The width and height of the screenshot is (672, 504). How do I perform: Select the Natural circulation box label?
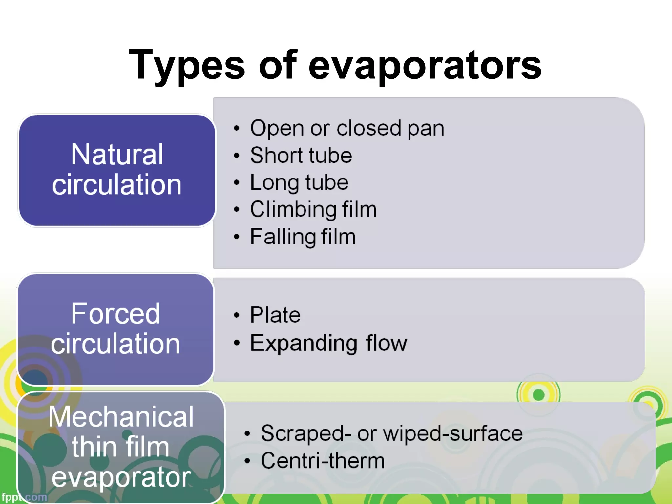coord(117,170)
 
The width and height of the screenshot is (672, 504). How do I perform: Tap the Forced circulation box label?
coord(115,329)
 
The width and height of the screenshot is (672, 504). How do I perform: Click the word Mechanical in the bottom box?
coord(121,417)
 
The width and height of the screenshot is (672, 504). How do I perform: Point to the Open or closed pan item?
coord(347,128)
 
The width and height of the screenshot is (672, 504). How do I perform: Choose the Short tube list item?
coord(301,155)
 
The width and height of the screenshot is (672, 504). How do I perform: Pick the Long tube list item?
coord(299,182)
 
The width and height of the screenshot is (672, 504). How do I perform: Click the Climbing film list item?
coord(313,209)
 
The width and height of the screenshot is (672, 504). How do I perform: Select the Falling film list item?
coord(303,237)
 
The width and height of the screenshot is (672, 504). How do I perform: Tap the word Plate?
coord(275,315)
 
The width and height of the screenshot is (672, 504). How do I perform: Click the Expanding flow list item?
coord(328,343)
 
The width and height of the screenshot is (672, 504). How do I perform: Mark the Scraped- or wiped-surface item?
coord(391,433)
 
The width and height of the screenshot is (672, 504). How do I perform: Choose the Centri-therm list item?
coord(323,461)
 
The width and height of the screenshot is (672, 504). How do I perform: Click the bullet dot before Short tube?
coord(237,156)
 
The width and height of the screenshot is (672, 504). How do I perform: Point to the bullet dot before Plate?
coord(237,315)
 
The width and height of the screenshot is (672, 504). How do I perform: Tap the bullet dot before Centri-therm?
coord(247,461)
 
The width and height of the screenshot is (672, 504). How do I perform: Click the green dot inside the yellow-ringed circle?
coord(538,395)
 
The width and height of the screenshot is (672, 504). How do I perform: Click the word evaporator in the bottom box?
coord(121,477)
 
